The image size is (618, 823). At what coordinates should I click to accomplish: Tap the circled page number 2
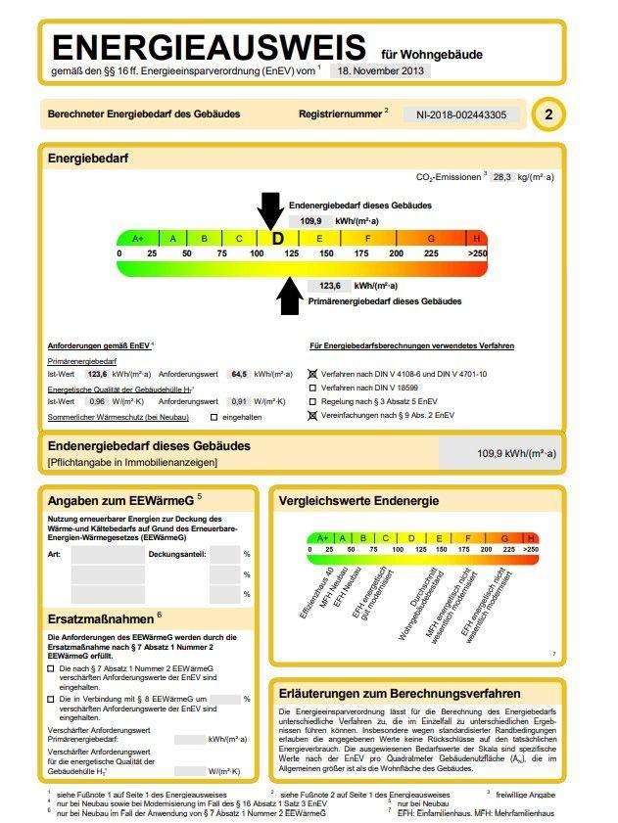coord(548,115)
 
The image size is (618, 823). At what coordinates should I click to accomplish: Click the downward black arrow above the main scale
coord(270,209)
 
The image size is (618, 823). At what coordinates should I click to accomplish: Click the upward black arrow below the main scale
coord(289,297)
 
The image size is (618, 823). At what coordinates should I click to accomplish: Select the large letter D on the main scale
coord(277,239)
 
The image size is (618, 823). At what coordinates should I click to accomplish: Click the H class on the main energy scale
coord(477,239)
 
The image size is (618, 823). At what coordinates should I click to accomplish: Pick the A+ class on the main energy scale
coord(138,239)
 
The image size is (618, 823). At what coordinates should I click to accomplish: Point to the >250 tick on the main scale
coord(477,253)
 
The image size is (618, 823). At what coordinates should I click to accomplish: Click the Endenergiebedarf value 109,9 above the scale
coord(311,221)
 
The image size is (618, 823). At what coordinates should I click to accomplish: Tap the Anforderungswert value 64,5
coord(238,374)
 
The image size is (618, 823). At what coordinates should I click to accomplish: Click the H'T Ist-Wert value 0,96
coord(96,401)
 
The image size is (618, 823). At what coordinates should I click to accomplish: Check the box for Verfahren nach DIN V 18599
coord(313,388)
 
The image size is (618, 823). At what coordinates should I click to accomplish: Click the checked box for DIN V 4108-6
coord(313,374)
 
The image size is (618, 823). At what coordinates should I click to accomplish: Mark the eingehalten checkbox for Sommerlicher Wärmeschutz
coord(214,418)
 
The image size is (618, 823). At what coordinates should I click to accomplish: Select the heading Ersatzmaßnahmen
coord(101,618)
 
